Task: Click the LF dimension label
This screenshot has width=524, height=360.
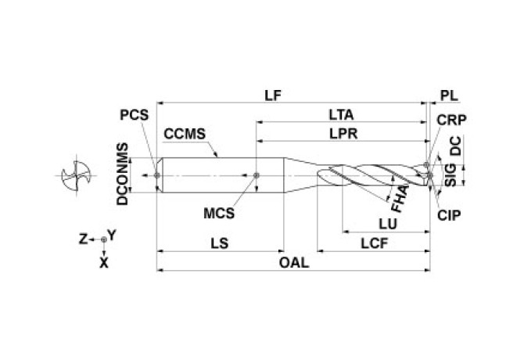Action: click(x=272, y=95)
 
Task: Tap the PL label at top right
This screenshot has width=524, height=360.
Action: click(x=449, y=95)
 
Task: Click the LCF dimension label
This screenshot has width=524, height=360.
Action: click(x=376, y=243)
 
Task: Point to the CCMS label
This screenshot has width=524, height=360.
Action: click(x=185, y=134)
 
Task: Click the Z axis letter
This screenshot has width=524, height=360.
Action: click(x=82, y=236)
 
